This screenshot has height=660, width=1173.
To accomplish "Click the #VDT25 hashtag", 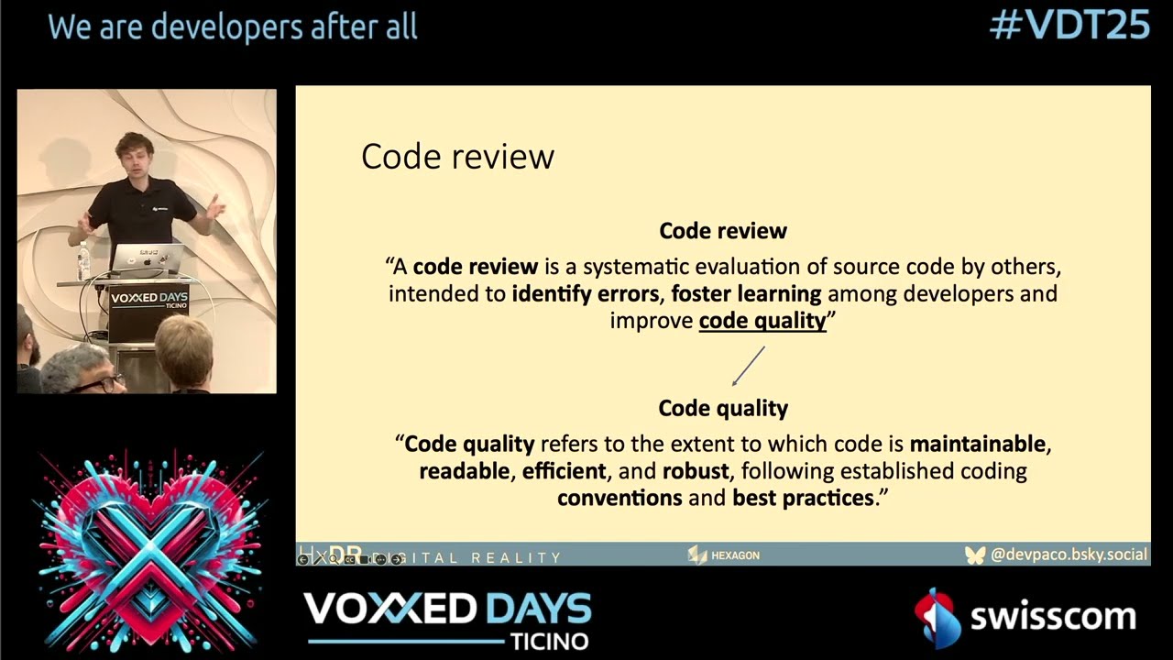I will pos(1069,26).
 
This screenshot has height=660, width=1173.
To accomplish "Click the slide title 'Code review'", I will pos(457,157).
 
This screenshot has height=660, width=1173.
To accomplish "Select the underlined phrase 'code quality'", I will pos(762,321).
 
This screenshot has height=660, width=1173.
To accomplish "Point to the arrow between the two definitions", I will pos(748,366).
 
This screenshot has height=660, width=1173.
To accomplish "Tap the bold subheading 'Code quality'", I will pos(723,408).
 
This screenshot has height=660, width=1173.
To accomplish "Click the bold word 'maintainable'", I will pos(978,445).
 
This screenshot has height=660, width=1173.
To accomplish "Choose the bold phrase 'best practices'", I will pos(803,498).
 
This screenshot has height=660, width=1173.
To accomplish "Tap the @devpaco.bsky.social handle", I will pos(1069,555).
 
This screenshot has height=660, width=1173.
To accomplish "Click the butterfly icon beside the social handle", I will pos(975,555).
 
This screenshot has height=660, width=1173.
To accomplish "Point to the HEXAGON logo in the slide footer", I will pos(724,555).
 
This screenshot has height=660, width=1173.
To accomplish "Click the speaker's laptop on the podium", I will pos(146,259).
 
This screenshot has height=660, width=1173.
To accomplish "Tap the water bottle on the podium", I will pos(83,262).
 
